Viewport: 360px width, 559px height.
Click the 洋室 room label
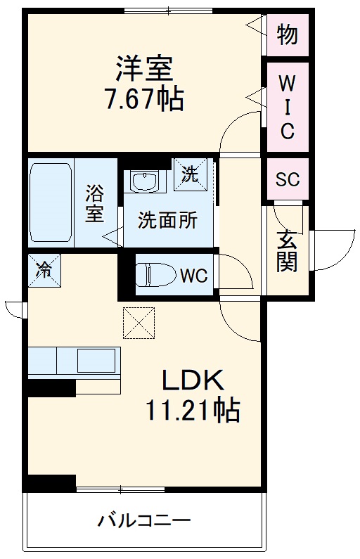click(x=144, y=69)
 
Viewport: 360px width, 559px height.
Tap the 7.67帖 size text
click(x=143, y=98)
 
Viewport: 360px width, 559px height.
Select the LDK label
click(x=193, y=380)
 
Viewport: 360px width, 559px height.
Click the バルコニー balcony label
click(x=144, y=521)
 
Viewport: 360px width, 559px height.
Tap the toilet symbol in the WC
click(x=156, y=274)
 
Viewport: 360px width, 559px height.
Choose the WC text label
click(x=193, y=275)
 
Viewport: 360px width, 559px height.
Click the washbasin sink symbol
click(x=145, y=181)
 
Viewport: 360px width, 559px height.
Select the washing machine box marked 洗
click(x=190, y=174)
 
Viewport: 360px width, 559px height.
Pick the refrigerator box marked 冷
click(x=44, y=270)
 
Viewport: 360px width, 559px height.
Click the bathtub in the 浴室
click(x=51, y=203)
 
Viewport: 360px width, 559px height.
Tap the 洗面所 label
click(x=167, y=220)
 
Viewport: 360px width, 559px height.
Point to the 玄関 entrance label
click(x=287, y=250)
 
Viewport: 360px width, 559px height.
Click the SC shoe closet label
click(x=288, y=179)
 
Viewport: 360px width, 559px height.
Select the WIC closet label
click(x=287, y=108)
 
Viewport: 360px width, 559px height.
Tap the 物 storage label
click(x=288, y=35)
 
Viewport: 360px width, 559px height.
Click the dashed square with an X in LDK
click(x=139, y=323)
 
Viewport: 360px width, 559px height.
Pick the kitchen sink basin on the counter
click(x=96, y=361)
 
